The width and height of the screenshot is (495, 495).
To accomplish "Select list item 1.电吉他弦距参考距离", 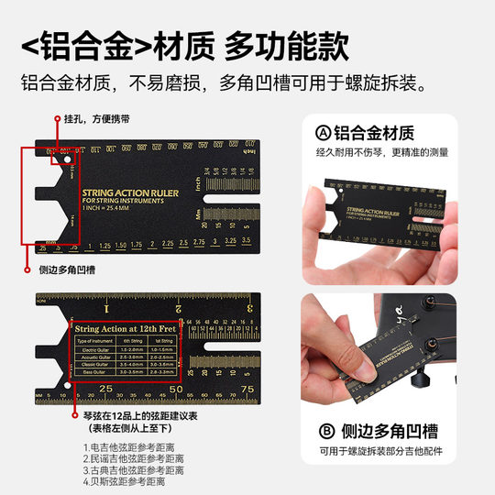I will (x=124, y=447).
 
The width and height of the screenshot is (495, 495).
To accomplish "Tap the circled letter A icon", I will (x=322, y=132).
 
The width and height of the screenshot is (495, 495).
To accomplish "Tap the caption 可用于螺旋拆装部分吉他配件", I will (x=392, y=452).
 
